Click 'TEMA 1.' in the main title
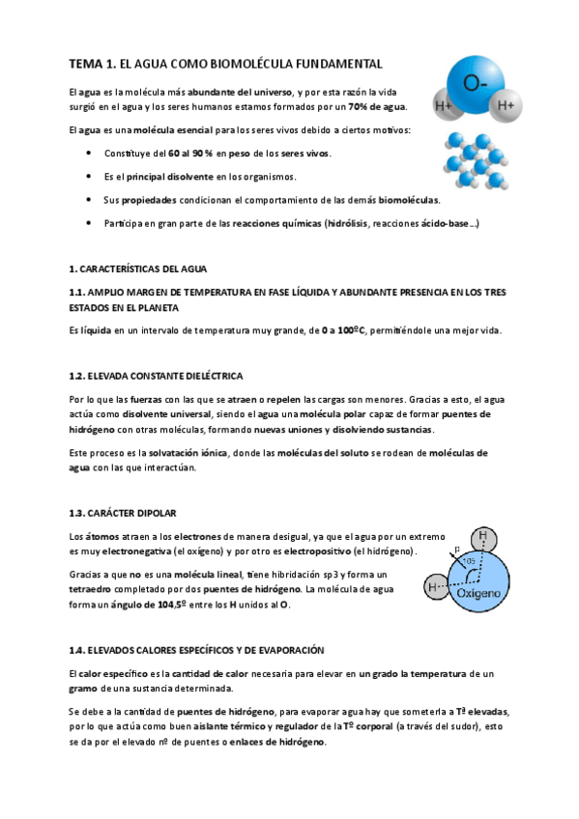(92, 64)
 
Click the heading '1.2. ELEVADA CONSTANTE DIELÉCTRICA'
(156, 374)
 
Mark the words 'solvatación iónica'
(185, 453)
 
